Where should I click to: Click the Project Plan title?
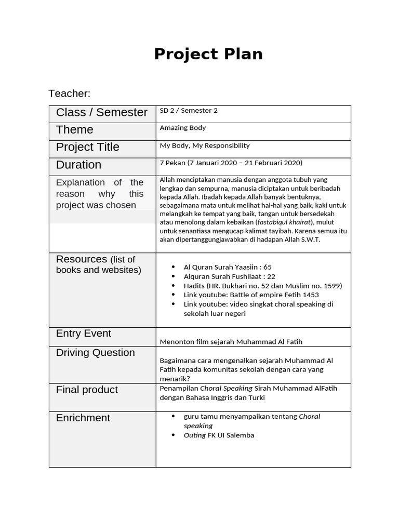coord(208,54)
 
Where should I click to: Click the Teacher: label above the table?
coord(69,94)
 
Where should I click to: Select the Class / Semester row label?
coord(102,112)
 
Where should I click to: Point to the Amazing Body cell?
coord(183,128)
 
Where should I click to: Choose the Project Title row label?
coord(88,147)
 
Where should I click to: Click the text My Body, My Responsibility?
coord(205,145)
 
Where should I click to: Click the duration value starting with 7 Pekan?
coord(231,163)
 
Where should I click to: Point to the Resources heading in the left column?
coord(82,259)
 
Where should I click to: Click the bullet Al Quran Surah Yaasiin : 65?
coord(228,267)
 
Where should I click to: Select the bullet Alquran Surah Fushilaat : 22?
coord(229,276)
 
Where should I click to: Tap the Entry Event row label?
coord(84,334)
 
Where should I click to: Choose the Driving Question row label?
coord(96,353)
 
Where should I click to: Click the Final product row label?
coord(87,390)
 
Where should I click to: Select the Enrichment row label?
coord(83,418)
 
